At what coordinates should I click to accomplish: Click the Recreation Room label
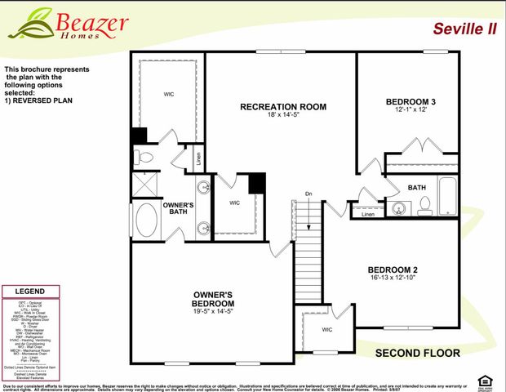pos(283,106)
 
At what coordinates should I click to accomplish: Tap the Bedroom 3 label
pos(411,102)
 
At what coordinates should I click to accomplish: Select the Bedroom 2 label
pos(392,269)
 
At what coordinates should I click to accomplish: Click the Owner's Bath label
pos(178,208)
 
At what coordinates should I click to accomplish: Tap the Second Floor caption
pos(417,354)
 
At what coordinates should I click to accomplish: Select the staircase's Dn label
pos(308,194)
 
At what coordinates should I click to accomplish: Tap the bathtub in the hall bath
pos(449,199)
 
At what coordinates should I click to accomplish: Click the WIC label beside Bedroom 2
pos(327,330)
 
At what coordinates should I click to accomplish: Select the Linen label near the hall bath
pos(368,215)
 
